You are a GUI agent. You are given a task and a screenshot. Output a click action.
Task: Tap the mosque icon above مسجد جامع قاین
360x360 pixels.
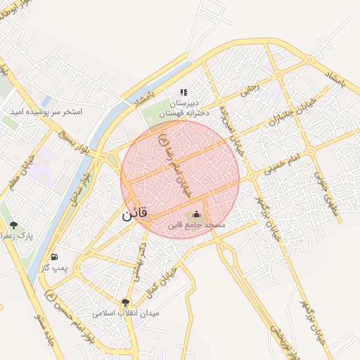pyautogui.click(x=196, y=214)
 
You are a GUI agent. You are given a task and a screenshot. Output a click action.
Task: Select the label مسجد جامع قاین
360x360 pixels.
pyautogui.click(x=196, y=226)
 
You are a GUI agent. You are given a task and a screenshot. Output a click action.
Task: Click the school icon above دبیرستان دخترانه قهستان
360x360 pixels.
pyautogui.click(x=184, y=92)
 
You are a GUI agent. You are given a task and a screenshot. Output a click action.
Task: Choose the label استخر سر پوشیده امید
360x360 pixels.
pyautogui.click(x=46, y=112)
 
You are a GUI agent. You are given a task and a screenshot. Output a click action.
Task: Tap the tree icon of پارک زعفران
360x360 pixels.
pyautogui.click(x=13, y=225)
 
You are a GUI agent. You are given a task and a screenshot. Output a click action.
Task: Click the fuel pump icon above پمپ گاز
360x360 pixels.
pyautogui.click(x=55, y=257)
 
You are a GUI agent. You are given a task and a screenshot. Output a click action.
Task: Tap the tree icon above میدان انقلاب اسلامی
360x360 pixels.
pyautogui.click(x=126, y=302)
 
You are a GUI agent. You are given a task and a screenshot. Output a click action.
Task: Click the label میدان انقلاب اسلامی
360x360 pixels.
pyautogui.click(x=127, y=311)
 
